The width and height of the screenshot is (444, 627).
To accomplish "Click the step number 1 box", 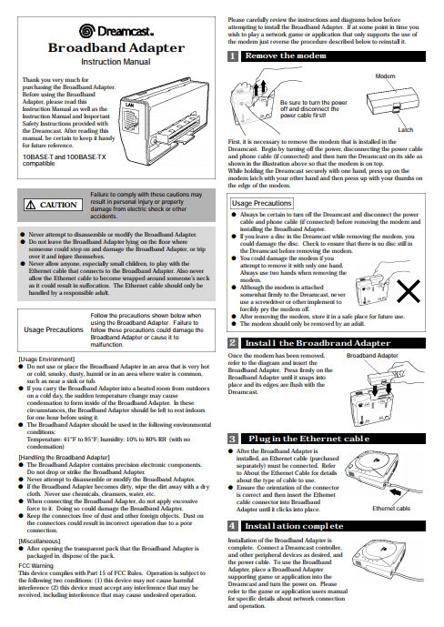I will click(x=233, y=56).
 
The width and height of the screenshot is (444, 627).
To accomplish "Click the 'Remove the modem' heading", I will click(x=285, y=56).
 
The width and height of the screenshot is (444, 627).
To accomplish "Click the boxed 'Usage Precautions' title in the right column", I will click(x=262, y=203).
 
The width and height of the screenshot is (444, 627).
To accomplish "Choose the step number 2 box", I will click(x=233, y=342).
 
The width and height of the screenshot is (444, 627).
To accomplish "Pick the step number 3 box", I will click(x=233, y=439).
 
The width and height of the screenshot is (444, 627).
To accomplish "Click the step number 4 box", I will click(x=233, y=526).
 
